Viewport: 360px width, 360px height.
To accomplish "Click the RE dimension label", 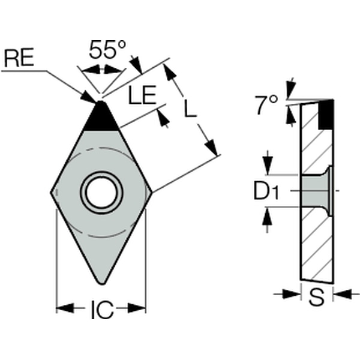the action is click(19, 58).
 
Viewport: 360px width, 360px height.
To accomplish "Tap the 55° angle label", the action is click(107, 49).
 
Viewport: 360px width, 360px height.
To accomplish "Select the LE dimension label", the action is click(142, 95).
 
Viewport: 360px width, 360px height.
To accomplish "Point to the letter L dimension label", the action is click(190, 108).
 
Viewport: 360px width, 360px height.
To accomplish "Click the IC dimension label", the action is click(102, 309).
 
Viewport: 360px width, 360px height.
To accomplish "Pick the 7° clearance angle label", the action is click(266, 105).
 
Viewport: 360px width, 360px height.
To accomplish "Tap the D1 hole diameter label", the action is click(266, 190).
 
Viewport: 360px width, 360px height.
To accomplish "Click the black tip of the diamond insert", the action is click(101, 116).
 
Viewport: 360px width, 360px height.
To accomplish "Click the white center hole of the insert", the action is click(101, 193).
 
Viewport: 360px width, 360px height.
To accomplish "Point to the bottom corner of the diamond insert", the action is click(102, 284).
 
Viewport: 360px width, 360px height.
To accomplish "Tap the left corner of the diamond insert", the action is click(51, 193).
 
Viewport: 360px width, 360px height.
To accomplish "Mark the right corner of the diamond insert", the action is click(151, 192).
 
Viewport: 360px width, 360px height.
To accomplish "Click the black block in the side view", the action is click(326, 115).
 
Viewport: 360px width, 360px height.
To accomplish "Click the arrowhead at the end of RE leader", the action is click(88, 97).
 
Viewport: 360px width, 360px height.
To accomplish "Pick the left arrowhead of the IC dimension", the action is click(65, 308).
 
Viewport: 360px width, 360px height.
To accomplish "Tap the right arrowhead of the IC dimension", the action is click(137, 308).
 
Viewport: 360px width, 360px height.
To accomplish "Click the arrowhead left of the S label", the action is click(292, 294).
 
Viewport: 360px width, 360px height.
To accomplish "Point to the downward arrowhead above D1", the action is click(268, 166).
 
